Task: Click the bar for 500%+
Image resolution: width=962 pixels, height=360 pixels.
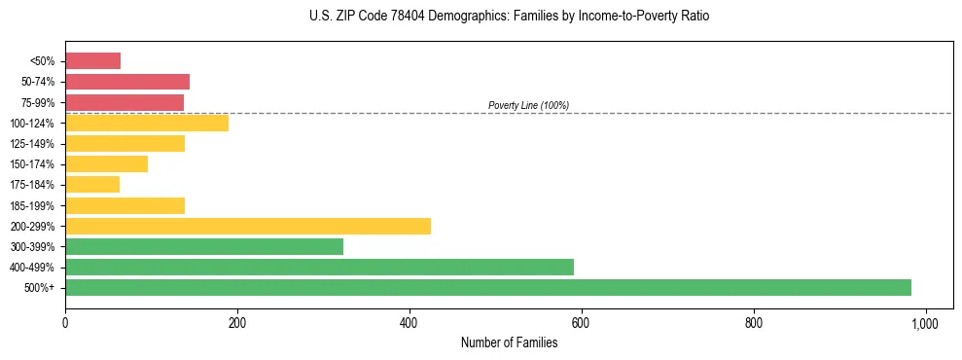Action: [487, 287]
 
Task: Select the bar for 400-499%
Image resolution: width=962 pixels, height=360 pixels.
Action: [319, 267]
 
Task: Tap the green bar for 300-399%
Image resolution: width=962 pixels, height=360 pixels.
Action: [204, 246]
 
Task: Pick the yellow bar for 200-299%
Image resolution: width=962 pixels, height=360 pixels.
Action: [248, 226]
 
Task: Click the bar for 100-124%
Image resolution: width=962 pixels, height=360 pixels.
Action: [147, 123]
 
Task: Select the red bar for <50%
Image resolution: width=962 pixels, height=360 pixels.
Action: [92, 61]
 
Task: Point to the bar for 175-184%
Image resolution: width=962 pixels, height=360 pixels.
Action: [92, 184]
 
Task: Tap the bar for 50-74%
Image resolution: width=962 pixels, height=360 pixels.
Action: [127, 82]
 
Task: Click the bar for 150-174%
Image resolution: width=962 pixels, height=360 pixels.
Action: [106, 163]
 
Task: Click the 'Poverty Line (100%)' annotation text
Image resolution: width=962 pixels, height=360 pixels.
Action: [528, 105]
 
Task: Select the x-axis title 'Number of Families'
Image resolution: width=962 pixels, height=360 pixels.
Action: [509, 342]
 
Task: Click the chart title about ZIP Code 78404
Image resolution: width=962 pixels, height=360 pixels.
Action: [509, 17]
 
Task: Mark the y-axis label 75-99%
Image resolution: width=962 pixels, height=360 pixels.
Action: [40, 102]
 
